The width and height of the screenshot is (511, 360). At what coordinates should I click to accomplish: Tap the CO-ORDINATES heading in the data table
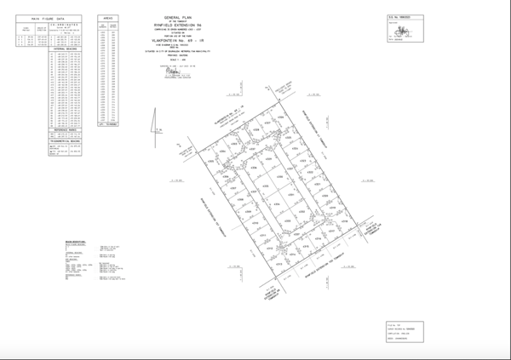(66, 26)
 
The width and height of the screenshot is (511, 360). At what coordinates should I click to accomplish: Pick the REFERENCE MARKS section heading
(66, 131)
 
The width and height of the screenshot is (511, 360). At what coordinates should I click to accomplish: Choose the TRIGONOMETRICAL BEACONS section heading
(66, 143)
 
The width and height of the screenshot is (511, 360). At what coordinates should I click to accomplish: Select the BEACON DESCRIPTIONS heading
(78, 242)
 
